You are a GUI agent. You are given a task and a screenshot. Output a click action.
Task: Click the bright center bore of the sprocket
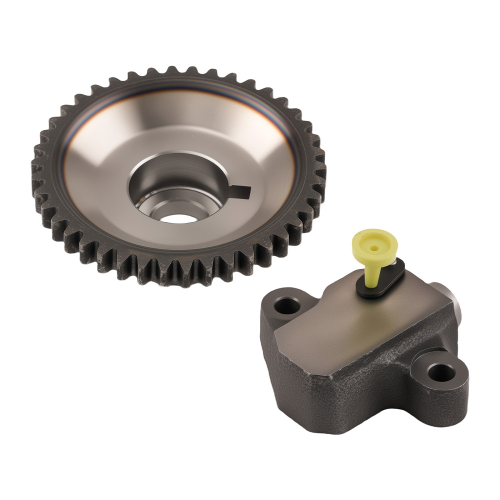[x=179, y=217]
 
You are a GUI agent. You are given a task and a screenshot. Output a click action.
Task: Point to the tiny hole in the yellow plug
[x=374, y=246]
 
